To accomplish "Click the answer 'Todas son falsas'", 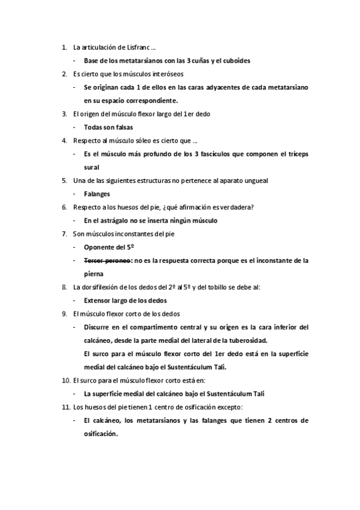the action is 108,127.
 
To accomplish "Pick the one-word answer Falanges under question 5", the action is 97,194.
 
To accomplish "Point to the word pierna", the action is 93,274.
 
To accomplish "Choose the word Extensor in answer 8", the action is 98,300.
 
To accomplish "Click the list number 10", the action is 66,380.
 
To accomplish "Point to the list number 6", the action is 64,207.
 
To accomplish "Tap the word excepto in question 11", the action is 225,407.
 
